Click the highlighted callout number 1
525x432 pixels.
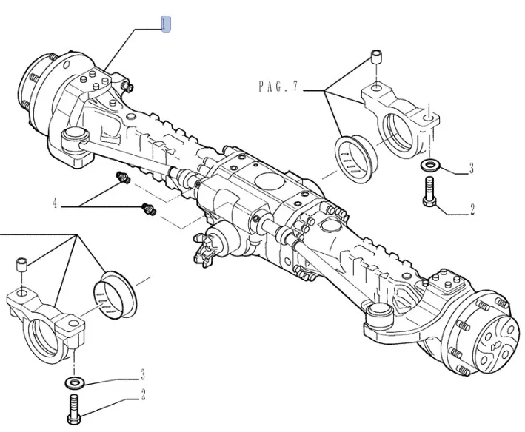coord(167,24)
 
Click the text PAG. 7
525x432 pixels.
coord(278,87)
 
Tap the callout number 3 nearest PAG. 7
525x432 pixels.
coord(471,169)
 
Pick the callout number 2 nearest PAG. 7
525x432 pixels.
coord(471,209)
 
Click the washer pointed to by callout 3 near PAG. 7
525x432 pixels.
coord(429,165)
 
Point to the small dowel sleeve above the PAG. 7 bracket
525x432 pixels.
coord(376,58)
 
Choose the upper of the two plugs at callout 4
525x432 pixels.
coord(123,178)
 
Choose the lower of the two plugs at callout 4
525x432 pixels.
coord(148,210)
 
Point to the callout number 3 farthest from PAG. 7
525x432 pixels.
coord(143,375)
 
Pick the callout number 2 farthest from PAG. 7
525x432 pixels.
coord(143,394)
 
